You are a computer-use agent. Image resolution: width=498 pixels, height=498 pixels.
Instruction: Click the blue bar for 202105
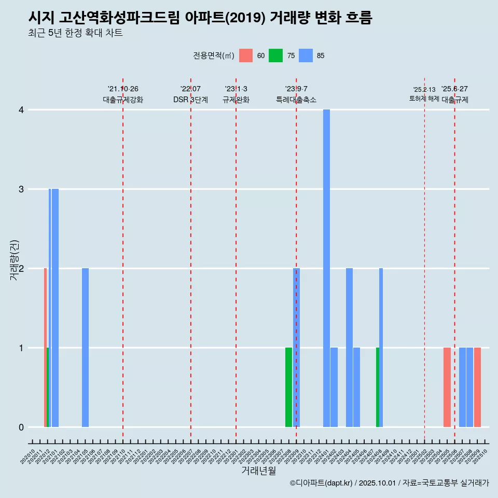[x=85, y=348]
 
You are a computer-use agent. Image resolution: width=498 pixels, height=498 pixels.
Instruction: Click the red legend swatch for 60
[x=246, y=56]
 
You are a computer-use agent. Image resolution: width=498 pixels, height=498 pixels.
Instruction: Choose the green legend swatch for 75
[x=275, y=56]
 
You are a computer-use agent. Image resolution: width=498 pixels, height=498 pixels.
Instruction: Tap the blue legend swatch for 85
[x=306, y=56]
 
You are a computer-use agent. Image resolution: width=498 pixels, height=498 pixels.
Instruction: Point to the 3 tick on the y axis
[x=21, y=189]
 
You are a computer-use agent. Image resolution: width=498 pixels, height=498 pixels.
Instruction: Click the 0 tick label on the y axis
[x=21, y=427]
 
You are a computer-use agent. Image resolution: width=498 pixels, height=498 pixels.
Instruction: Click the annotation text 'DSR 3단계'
[x=190, y=100]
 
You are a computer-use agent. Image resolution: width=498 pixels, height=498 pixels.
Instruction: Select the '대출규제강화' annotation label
[x=123, y=100]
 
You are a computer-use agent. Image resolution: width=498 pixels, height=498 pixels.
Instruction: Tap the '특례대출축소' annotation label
[x=296, y=100]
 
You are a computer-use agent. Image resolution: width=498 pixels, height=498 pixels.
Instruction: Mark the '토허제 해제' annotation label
[x=424, y=98]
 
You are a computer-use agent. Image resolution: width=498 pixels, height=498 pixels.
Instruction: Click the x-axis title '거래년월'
[x=258, y=471]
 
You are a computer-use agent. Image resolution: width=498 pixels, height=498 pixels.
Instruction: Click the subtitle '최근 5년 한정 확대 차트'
[x=76, y=33]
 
